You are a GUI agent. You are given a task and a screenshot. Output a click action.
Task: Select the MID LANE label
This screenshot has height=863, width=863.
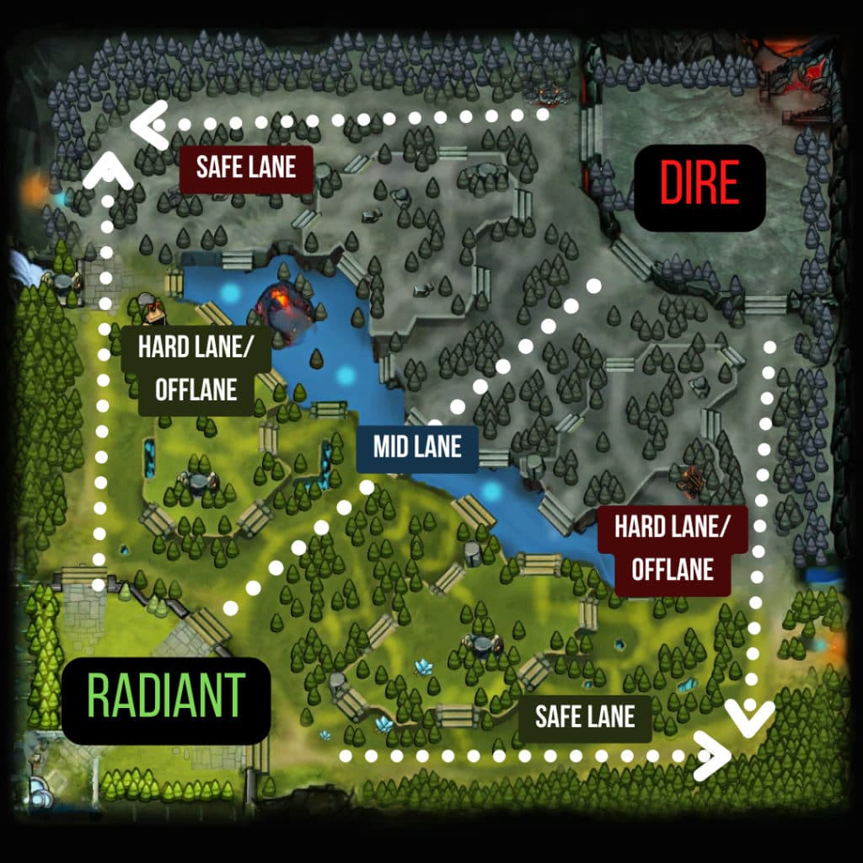point(417,446)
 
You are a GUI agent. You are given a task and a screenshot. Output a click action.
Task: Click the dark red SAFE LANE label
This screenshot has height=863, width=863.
point(245,167)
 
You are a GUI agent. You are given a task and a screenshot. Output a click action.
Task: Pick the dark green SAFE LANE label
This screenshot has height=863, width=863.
point(584,717)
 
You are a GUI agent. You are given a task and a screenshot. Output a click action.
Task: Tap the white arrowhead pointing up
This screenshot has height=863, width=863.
point(108,170)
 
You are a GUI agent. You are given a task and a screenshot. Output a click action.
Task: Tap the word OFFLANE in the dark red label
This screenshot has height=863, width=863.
point(672,569)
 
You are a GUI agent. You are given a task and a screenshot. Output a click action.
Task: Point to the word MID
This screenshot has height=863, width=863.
point(393,446)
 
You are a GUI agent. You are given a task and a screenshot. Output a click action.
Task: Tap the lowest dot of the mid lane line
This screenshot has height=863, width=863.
point(230,607)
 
